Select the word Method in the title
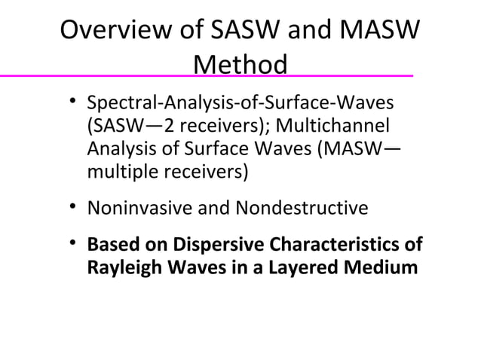point(240,65)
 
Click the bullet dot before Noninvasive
point(72,206)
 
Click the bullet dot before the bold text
point(72,243)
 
